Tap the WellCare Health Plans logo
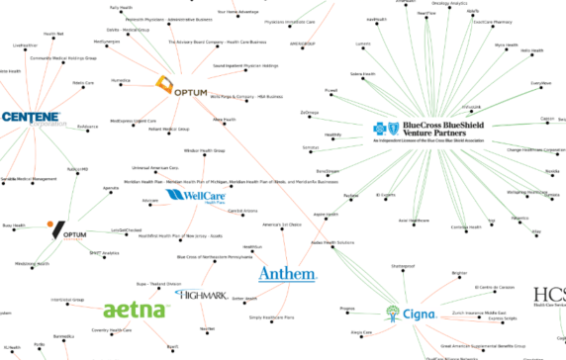point(190,196)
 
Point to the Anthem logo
point(287,273)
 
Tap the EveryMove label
point(540,83)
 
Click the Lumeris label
point(364,45)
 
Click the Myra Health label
point(506,45)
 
